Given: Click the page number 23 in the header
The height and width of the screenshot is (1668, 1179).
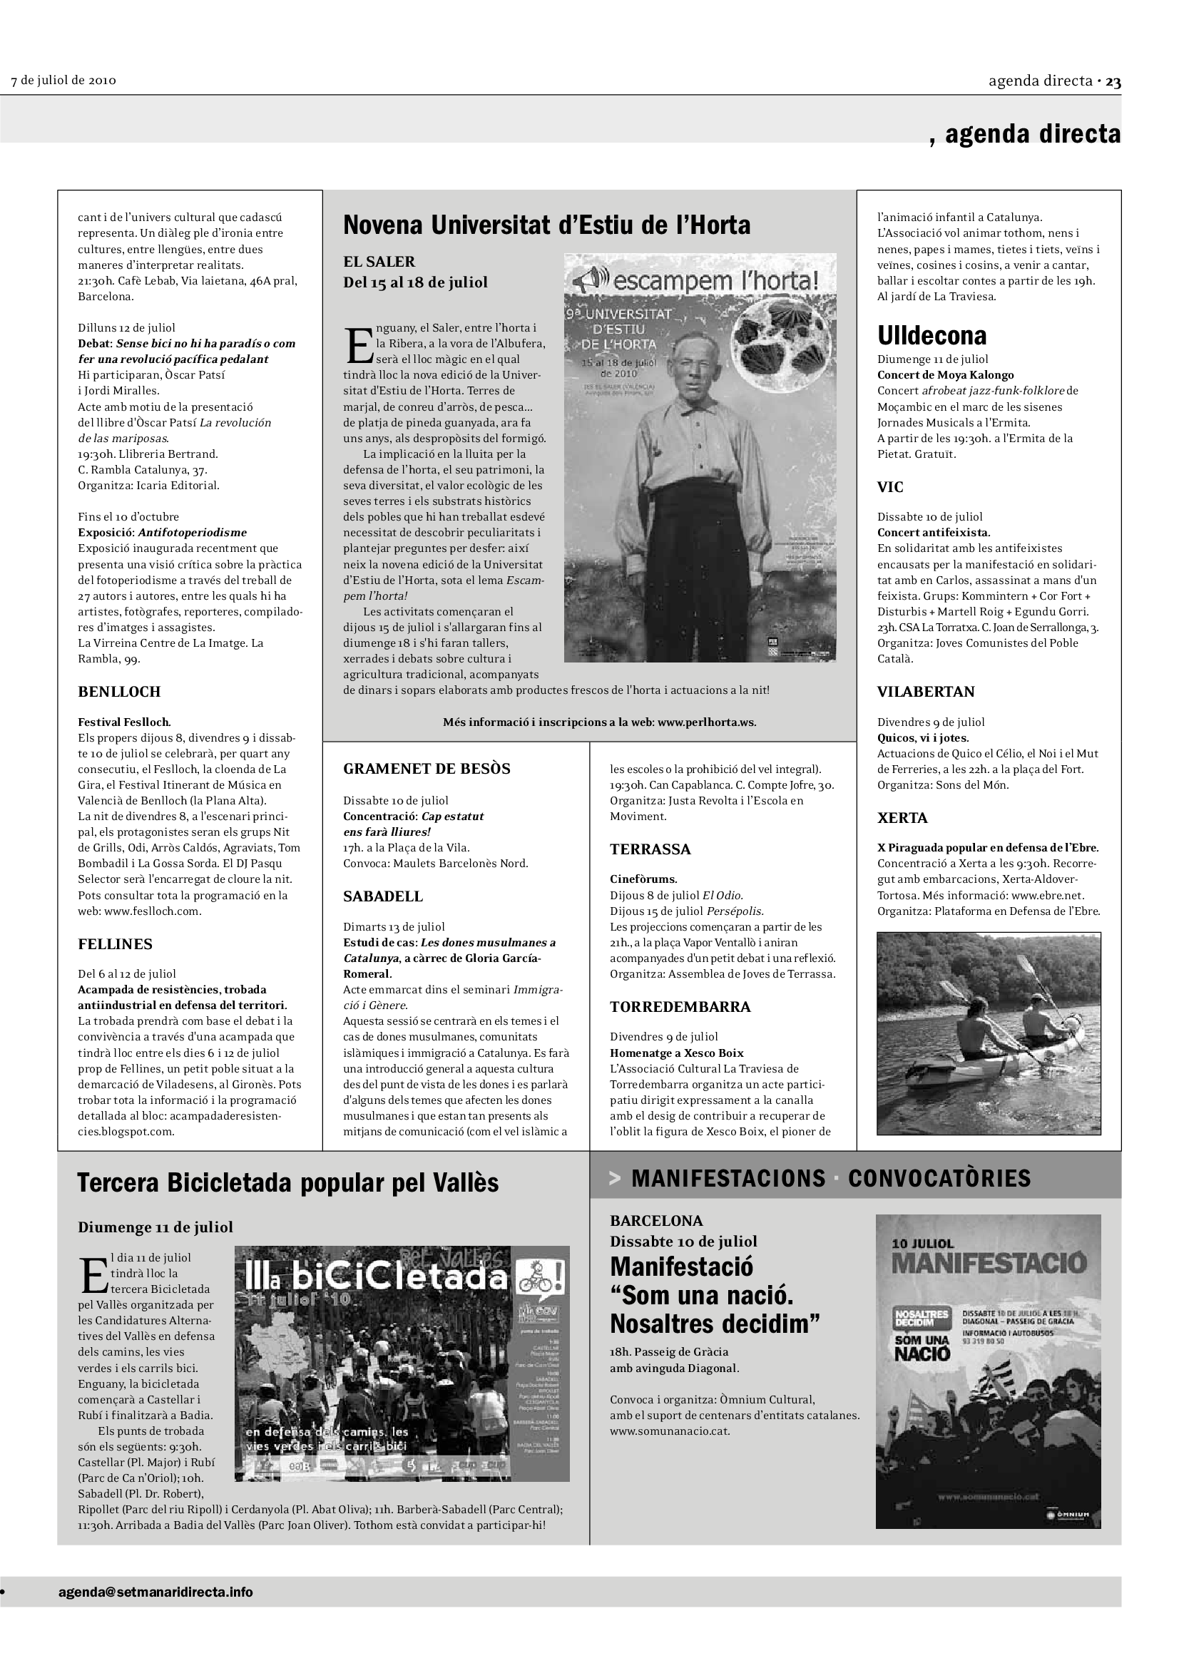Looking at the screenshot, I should coord(1113,81).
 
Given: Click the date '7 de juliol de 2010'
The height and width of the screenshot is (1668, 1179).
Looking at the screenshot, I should coord(64,80).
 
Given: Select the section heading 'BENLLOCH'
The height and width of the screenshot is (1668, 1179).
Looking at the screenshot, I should coord(119,692).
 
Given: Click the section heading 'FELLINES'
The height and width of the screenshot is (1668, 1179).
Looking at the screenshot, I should coord(116,944).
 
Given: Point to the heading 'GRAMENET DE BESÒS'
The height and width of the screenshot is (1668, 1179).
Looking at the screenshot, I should coord(427,769).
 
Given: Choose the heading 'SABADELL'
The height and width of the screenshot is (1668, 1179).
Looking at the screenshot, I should coord(383,896).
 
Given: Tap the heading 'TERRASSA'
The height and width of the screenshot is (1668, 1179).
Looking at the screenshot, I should coord(650,849).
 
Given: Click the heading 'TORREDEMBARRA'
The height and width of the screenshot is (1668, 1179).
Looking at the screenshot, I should coord(680,1007).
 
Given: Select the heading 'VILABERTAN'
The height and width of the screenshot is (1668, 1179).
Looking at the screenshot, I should coord(926,692).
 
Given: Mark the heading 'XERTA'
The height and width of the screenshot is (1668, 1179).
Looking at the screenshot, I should coord(902,818).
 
